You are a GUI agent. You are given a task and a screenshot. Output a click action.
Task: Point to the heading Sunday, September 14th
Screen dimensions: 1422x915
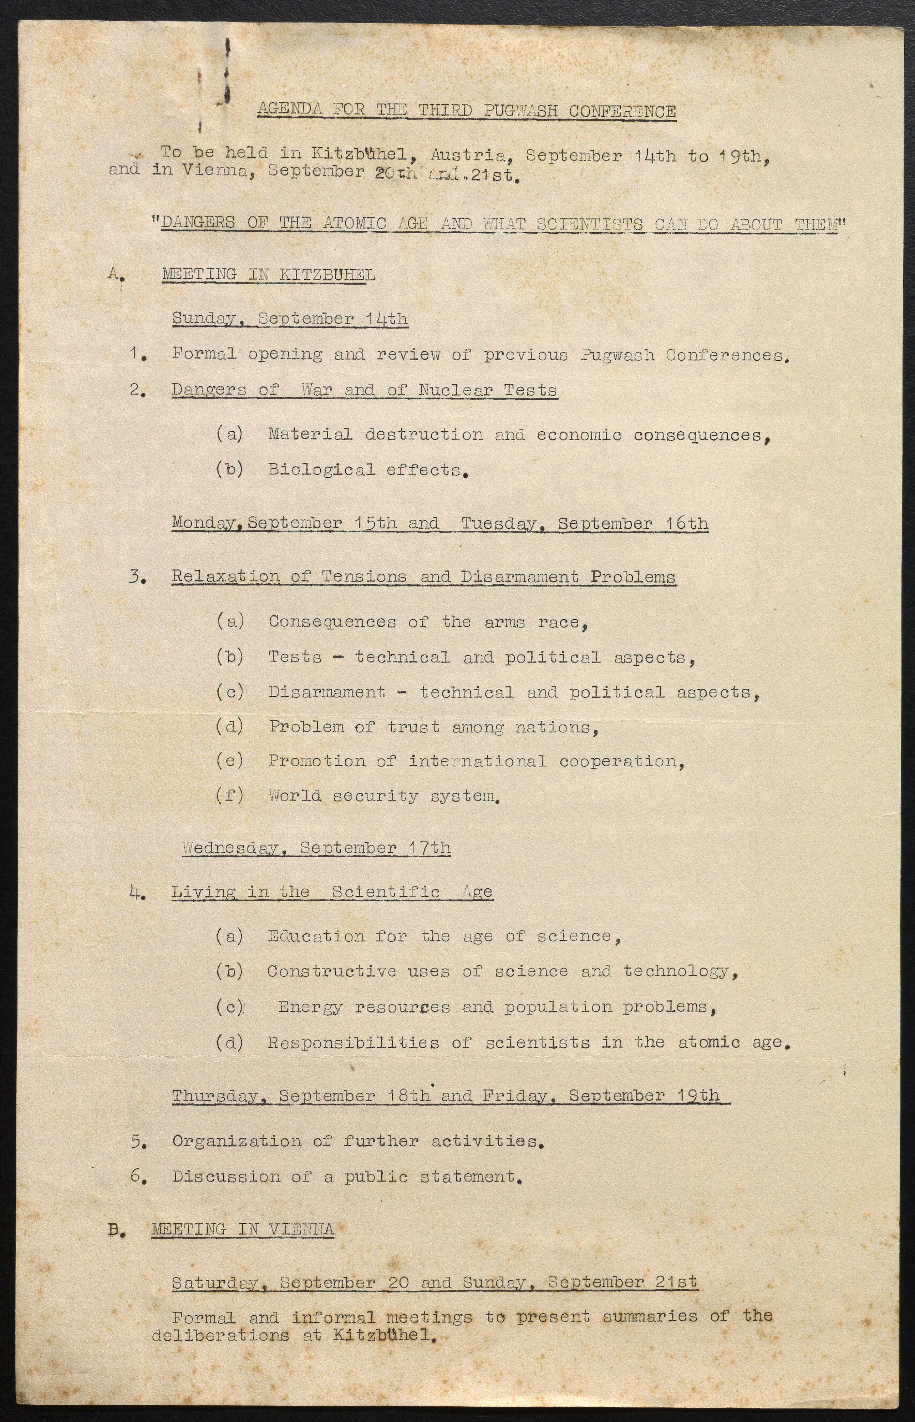click(x=290, y=319)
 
